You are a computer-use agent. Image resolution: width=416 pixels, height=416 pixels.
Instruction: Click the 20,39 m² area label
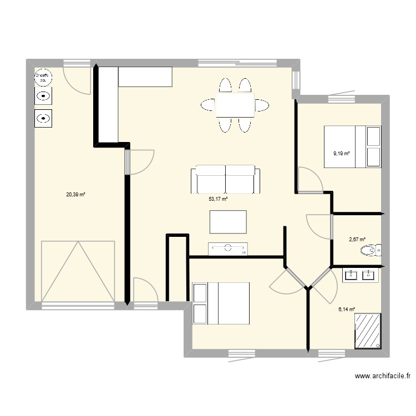point(75,194)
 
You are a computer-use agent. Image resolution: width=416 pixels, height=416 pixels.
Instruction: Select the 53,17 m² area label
point(219,199)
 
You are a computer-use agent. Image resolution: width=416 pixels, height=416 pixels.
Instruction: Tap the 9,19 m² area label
point(341,153)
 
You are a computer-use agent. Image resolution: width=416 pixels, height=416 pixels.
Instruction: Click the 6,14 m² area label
point(347,310)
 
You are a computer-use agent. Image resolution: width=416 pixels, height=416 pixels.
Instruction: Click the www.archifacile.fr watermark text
point(383,376)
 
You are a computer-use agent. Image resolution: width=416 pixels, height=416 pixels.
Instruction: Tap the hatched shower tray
point(368,331)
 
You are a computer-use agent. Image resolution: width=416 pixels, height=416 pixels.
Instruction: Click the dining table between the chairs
point(235,105)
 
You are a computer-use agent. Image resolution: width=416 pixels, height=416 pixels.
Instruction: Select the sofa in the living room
point(226,179)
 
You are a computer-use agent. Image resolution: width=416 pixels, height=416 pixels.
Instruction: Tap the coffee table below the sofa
point(228,222)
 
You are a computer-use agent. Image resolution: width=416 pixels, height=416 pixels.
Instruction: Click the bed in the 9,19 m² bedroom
point(352,146)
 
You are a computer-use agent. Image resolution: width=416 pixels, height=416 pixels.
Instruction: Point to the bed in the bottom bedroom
point(221,303)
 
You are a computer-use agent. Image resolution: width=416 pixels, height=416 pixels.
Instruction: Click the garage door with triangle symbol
point(78,272)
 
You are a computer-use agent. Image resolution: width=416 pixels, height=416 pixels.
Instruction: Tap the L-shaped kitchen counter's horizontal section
point(145,77)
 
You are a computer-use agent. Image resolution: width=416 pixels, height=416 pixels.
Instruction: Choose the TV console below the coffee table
point(227,248)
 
